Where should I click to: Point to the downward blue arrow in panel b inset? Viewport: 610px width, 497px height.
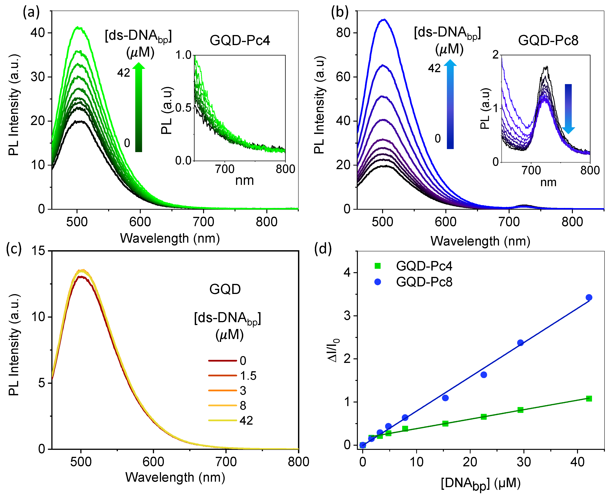pyautogui.click(x=568, y=109)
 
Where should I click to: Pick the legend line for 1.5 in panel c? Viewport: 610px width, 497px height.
pyautogui.click(x=222, y=375)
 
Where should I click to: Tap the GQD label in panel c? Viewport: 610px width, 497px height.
pyautogui.click(x=225, y=289)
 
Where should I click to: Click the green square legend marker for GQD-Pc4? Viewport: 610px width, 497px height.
pyautogui.click(x=377, y=266)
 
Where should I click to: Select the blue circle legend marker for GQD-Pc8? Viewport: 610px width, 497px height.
pyautogui.click(x=377, y=282)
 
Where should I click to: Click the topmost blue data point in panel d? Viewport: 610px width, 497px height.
pyautogui.click(x=589, y=297)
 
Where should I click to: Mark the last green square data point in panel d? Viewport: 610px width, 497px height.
pyautogui.click(x=589, y=399)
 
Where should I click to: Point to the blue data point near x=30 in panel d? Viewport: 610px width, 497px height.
pyautogui.click(x=520, y=343)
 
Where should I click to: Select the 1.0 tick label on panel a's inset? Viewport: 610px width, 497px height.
pyautogui.click(x=183, y=55)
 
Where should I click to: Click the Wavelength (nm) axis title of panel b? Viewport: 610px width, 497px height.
pyautogui.click(x=480, y=241)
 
